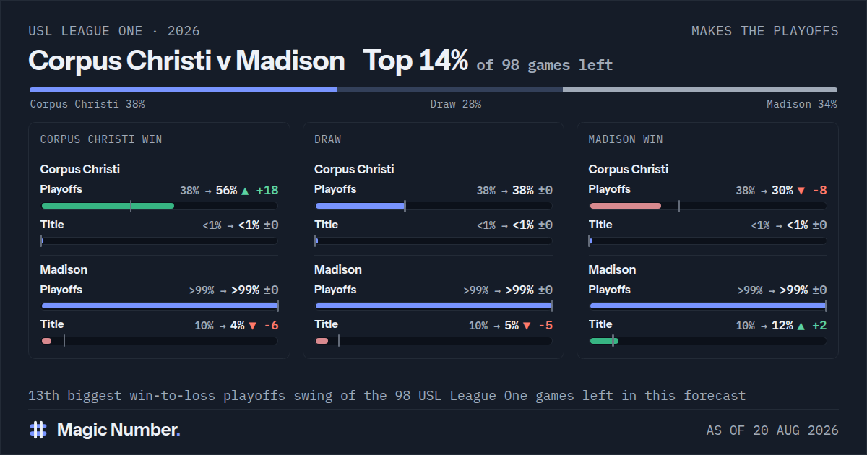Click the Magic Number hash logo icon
pos(38,430)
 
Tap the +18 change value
pos(267,191)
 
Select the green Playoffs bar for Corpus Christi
pos(108,206)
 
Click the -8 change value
pos(820,191)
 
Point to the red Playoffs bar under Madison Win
pos(625,206)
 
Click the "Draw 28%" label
pos(456,104)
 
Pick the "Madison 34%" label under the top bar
pos(801,104)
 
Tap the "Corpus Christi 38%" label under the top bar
pos(87,104)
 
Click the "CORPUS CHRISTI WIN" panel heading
pos(101,139)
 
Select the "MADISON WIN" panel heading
pos(626,139)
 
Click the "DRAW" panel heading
pos(327,139)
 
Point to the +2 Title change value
pos(819,326)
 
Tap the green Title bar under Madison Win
pos(604,341)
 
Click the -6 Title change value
pos(272,326)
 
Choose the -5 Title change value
pos(545,326)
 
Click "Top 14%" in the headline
pos(415,61)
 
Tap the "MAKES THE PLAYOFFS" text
pos(765,31)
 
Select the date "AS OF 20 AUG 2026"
pos(772,430)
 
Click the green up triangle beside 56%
pos(245,191)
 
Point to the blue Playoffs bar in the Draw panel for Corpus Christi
pos(360,206)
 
